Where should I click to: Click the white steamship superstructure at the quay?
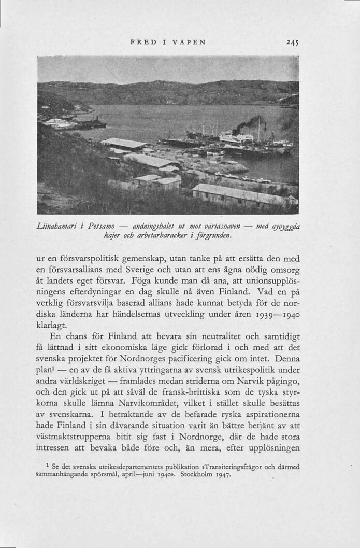(235, 138)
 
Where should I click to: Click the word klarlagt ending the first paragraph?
(53, 325)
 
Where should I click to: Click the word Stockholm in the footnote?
(198, 474)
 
